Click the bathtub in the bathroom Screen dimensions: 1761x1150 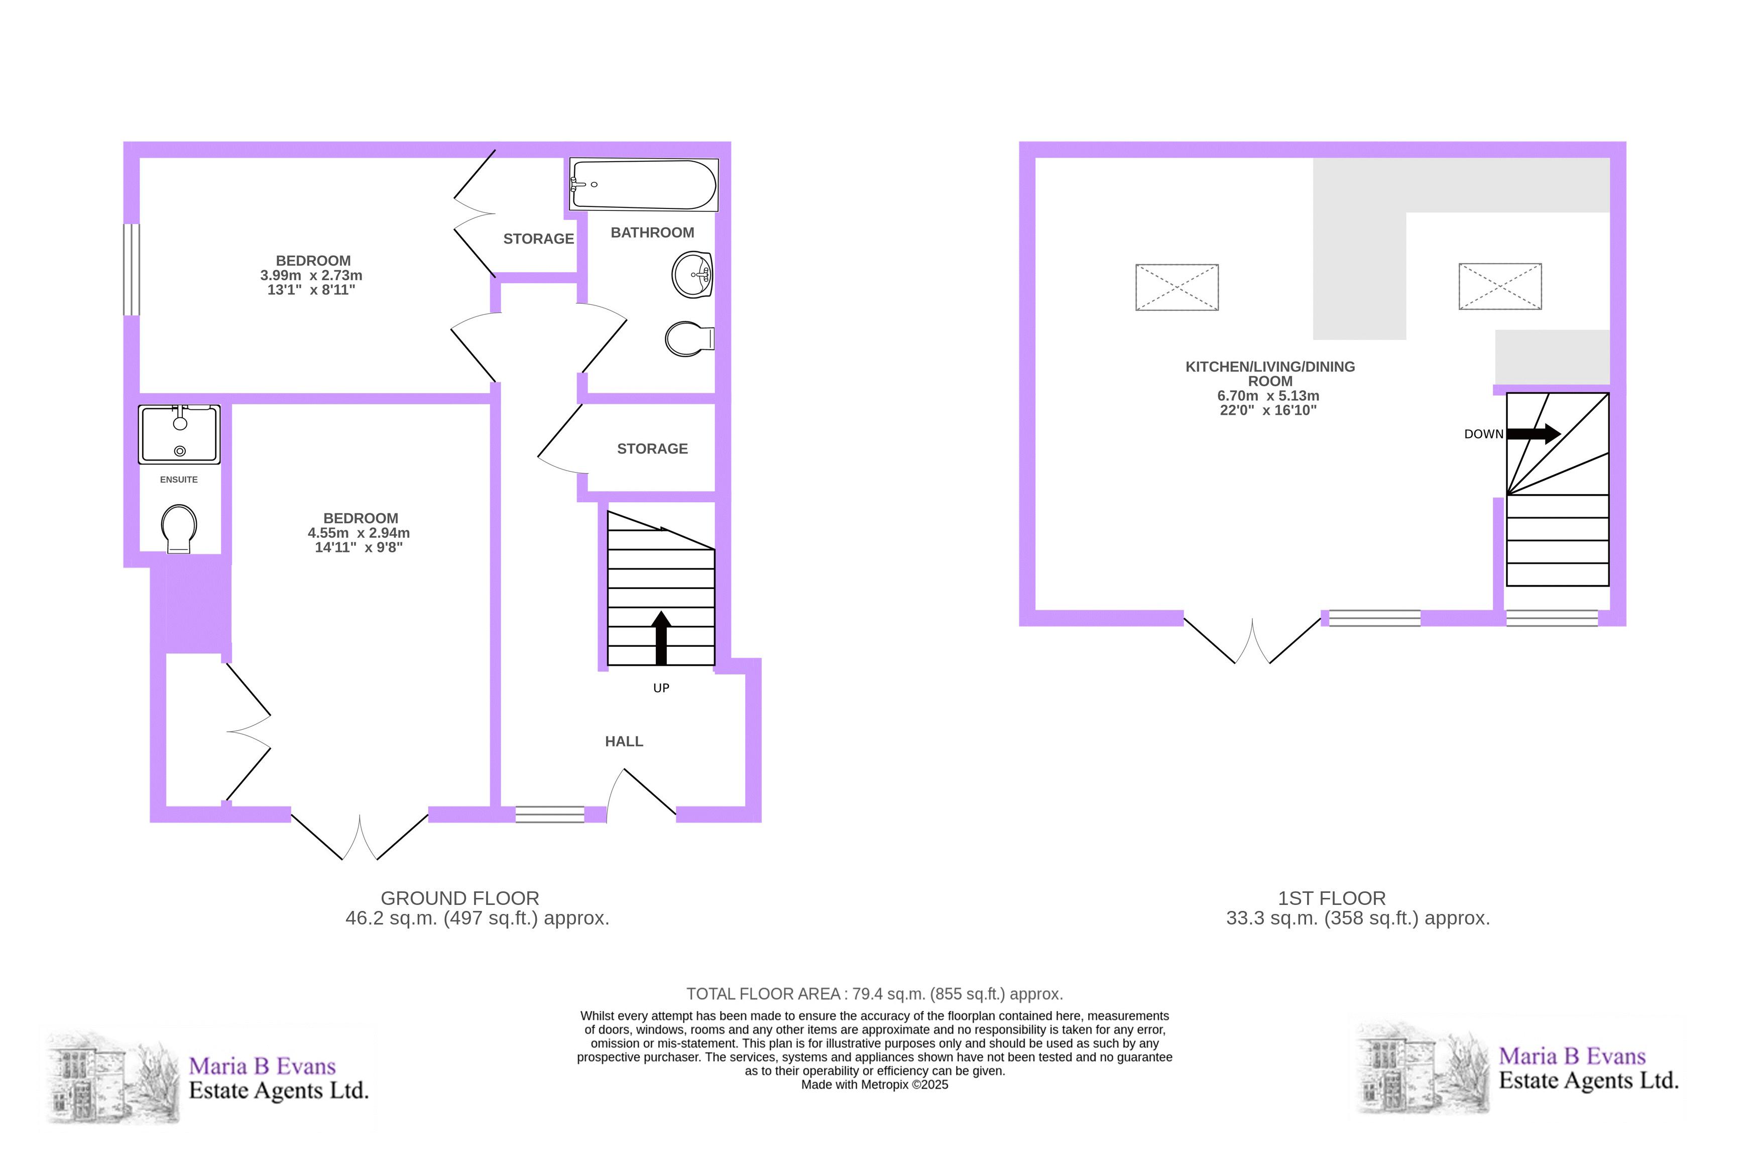click(644, 184)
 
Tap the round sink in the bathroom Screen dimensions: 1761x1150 click(692, 275)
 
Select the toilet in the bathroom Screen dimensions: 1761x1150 click(689, 339)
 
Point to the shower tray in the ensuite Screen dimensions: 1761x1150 click(179, 434)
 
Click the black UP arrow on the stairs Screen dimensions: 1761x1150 click(661, 638)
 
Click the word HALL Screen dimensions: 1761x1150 click(624, 742)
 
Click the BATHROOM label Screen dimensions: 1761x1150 click(652, 233)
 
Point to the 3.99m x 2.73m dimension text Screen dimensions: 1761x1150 click(311, 275)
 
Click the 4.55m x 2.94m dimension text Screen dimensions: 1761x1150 click(359, 533)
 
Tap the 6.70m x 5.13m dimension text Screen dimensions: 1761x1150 click(1268, 396)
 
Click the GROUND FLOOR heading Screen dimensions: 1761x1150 click(459, 898)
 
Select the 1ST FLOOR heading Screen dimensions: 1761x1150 click(1332, 898)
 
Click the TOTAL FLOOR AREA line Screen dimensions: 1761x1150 click(875, 994)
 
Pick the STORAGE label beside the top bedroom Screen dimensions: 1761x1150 click(539, 239)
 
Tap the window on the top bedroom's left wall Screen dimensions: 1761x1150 click(131, 269)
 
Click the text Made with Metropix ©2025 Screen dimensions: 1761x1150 click(875, 1085)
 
